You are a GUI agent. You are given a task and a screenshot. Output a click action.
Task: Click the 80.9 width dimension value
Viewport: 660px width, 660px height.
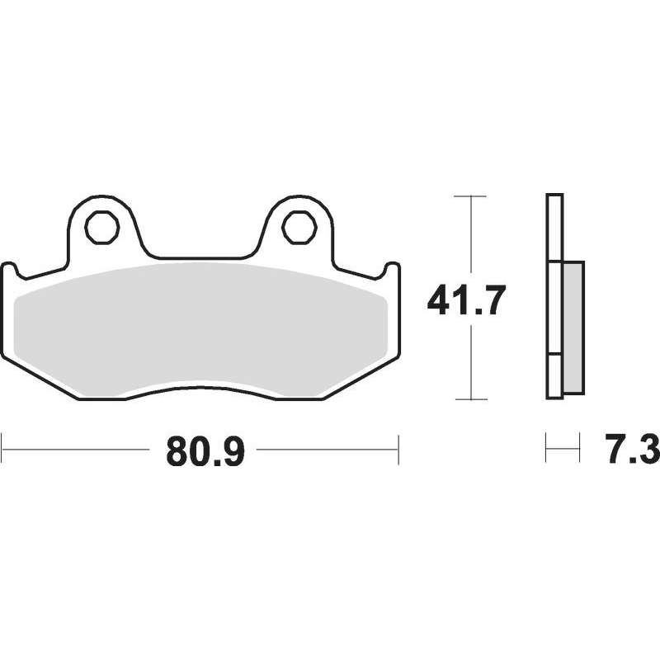tap(205, 450)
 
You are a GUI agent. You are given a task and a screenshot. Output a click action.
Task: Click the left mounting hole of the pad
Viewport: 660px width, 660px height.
tap(101, 228)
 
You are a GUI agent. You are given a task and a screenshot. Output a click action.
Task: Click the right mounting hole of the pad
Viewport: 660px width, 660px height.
tap(299, 228)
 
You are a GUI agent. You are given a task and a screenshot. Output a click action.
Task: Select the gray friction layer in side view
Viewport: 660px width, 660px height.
tap(573, 328)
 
